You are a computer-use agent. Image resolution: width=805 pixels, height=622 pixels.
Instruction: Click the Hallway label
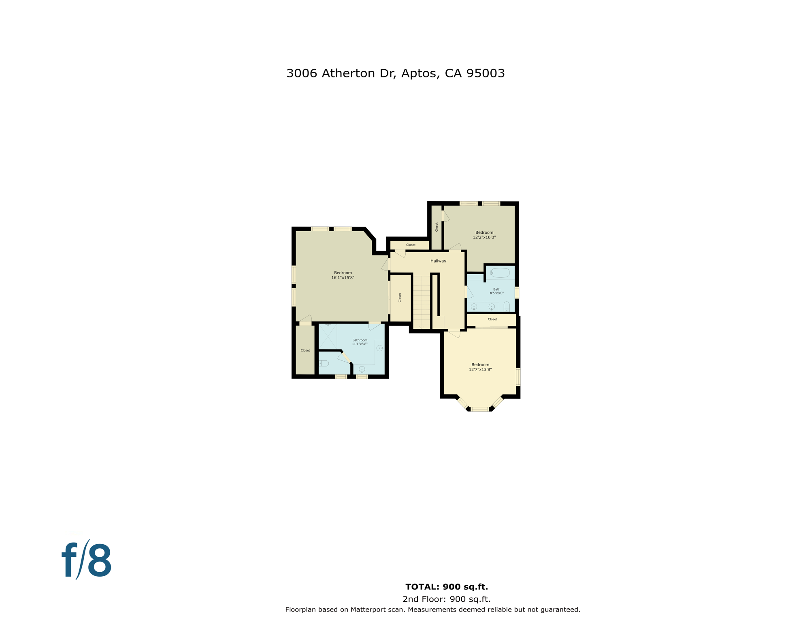[438, 261]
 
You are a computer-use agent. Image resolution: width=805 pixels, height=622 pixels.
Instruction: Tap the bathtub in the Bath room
[500, 273]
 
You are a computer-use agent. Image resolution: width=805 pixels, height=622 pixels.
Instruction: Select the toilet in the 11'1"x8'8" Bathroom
[324, 363]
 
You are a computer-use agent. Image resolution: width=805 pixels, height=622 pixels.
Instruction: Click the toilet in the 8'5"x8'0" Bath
[507, 307]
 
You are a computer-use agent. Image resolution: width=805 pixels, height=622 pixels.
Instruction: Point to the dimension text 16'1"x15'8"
[343, 278]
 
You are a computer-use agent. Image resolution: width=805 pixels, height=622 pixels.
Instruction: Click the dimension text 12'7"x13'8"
[480, 370]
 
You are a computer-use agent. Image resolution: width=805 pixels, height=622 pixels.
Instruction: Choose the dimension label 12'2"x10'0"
[484, 238]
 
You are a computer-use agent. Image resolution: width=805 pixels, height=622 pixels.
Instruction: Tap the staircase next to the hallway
[422, 302]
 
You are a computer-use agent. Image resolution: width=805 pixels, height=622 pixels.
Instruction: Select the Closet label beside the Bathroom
[305, 351]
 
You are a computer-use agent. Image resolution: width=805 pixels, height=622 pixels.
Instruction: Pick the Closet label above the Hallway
[411, 245]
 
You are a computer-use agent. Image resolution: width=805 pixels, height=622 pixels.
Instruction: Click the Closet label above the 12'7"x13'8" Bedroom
[492, 320]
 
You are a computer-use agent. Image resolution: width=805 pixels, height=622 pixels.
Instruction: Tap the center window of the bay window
[480, 409]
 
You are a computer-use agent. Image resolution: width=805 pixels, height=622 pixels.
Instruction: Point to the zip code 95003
[486, 73]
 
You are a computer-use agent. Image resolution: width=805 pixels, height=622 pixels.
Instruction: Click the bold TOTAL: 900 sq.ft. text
[447, 587]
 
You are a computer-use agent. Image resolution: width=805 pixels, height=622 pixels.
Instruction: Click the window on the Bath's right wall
[517, 292]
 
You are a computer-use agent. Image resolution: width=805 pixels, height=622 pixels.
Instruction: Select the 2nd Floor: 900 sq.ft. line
[447, 599]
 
